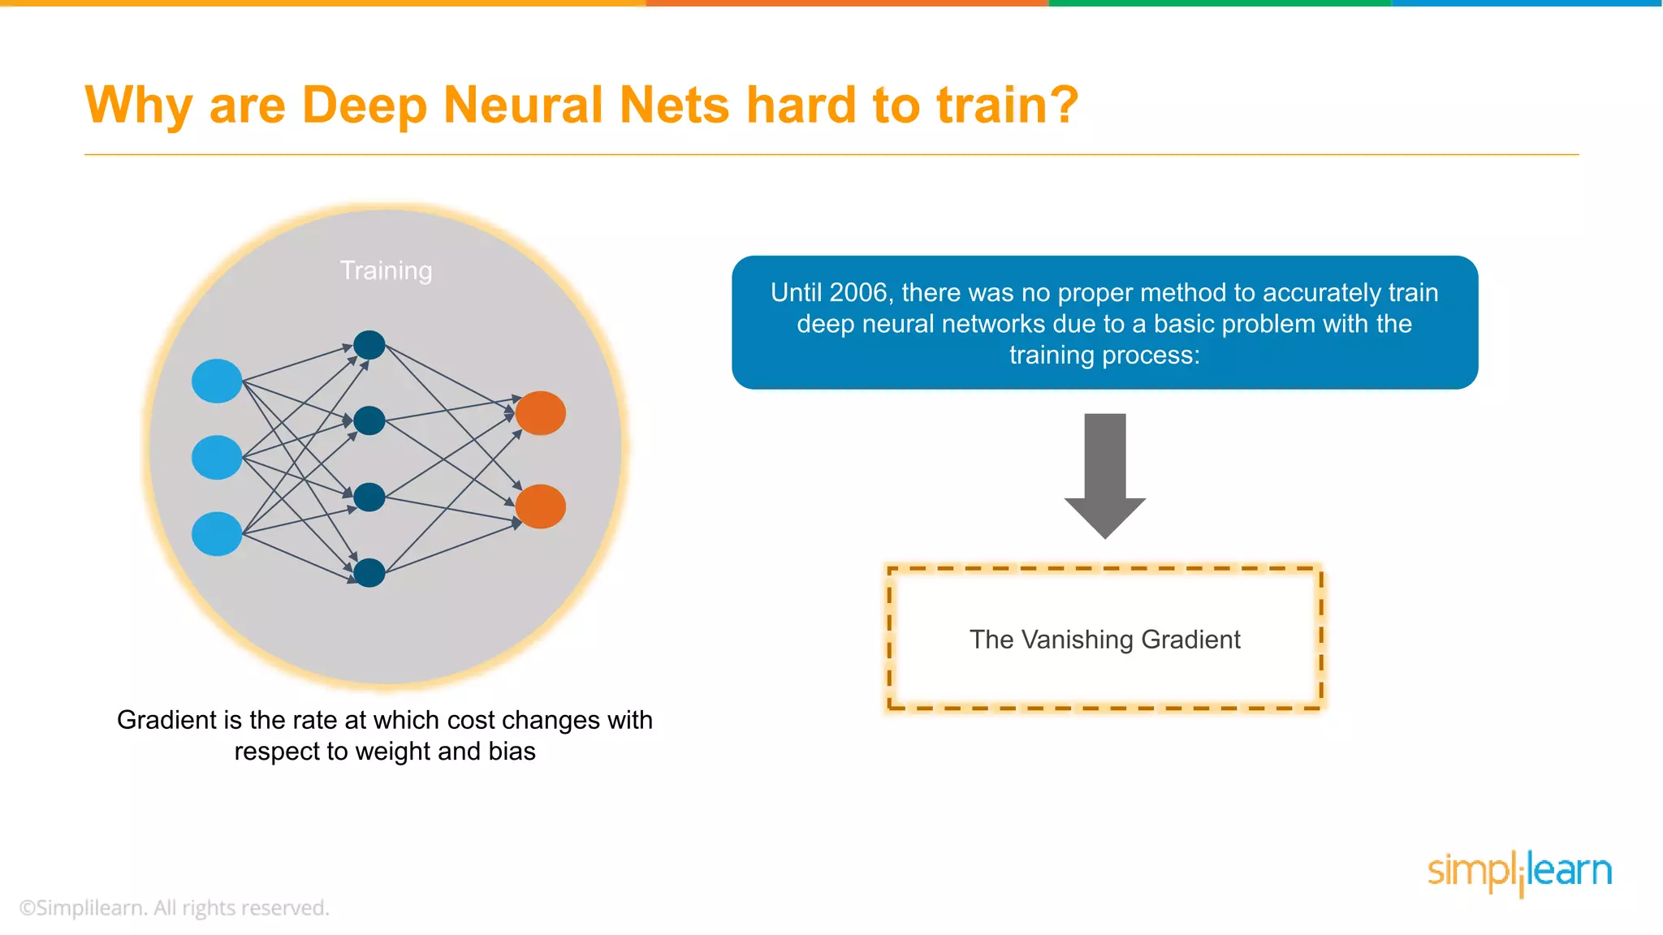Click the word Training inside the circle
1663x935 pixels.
pyautogui.click(x=386, y=270)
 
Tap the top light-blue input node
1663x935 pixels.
pyautogui.click(x=217, y=381)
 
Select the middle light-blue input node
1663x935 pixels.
pyautogui.click(x=217, y=457)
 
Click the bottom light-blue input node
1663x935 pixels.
pyautogui.click(x=217, y=533)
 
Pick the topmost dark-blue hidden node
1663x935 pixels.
pyautogui.click(x=369, y=345)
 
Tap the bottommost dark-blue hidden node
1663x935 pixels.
pyautogui.click(x=369, y=573)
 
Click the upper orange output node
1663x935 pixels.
pyautogui.click(x=540, y=413)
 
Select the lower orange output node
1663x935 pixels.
pyautogui.click(x=540, y=506)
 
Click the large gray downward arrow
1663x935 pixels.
pyautogui.click(x=1104, y=475)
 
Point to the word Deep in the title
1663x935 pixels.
pyautogui.click(x=364, y=106)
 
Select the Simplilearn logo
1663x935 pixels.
pyautogui.click(x=1519, y=873)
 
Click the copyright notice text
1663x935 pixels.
pyautogui.click(x=174, y=907)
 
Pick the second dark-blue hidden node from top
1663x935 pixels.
pyautogui.click(x=369, y=420)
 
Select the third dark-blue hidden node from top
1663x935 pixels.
pyautogui.click(x=369, y=497)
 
